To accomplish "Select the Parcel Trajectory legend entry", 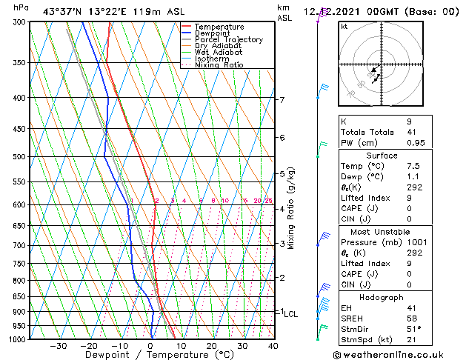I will pyautogui.click(x=228, y=40).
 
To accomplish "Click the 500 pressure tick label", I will pyautogui.click(x=19, y=157).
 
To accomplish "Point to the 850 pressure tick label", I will pyautogui.click(x=19, y=296).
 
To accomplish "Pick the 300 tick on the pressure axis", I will pyautogui.click(x=19, y=22).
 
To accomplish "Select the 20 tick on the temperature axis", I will pyautogui.click(x=212, y=346).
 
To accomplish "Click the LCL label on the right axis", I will pyautogui.click(x=290, y=314).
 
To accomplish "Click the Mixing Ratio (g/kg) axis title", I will pyautogui.click(x=292, y=208).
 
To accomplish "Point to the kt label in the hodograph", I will pyautogui.click(x=344, y=27).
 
